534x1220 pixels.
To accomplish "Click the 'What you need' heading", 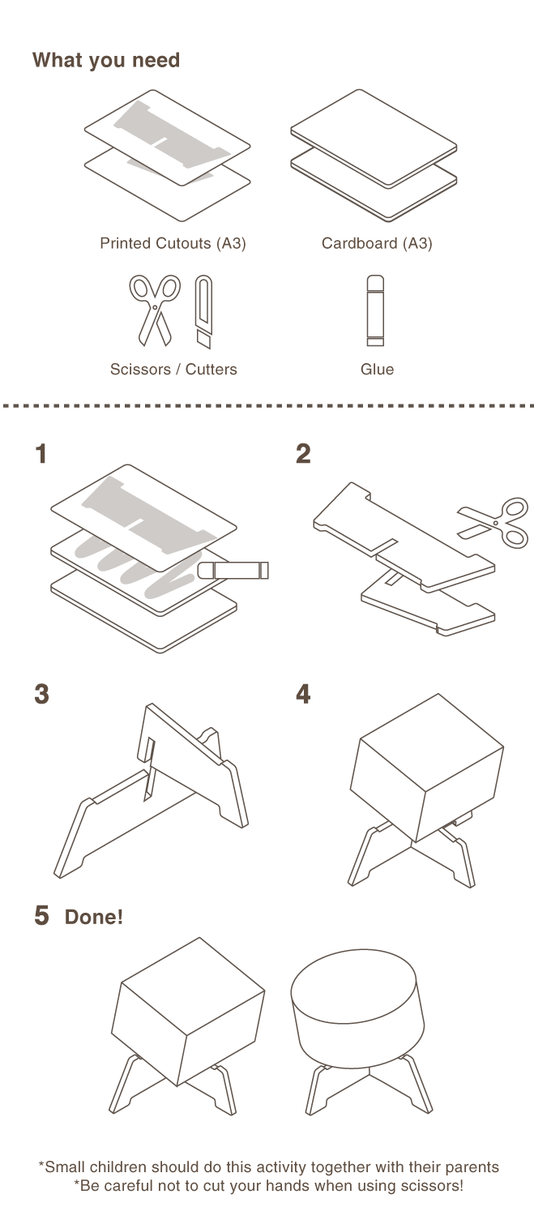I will (105, 61).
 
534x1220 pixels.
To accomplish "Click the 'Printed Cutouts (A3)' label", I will (173, 243).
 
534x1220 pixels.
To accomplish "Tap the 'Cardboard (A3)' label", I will (377, 243).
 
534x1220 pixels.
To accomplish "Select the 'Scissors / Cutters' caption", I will (173, 369).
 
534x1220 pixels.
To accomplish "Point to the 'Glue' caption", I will (377, 369).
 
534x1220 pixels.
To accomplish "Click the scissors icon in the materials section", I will (154, 309).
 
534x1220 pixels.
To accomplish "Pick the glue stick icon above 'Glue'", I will (376, 310).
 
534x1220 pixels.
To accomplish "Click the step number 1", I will (41, 455).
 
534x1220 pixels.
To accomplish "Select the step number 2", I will (303, 455).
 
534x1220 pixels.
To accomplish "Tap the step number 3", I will (41, 695).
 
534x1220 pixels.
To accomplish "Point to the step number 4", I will (303, 695).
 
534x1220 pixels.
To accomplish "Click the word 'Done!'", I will (94, 918).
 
